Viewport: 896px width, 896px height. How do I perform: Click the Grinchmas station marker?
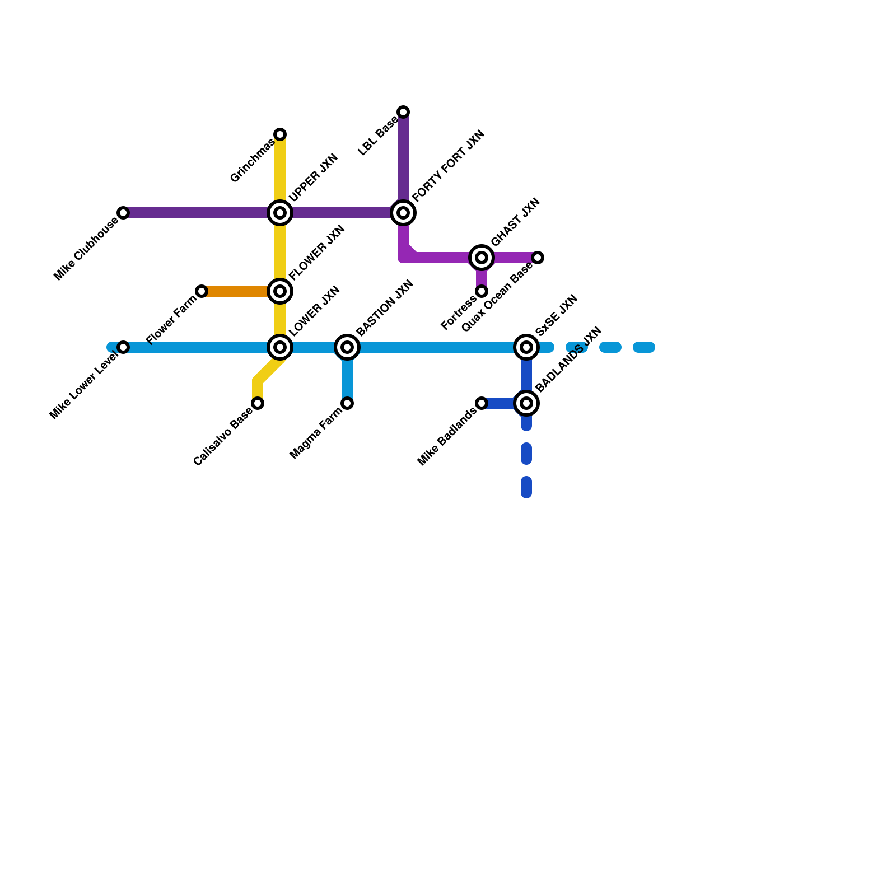click(280, 134)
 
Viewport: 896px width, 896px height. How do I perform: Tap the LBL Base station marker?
click(403, 112)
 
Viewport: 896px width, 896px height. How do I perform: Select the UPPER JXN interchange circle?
click(280, 213)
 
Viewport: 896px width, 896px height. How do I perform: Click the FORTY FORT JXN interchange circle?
click(403, 213)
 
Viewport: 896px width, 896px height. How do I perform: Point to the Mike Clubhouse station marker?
click(123, 213)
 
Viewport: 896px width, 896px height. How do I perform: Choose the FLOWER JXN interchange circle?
click(280, 291)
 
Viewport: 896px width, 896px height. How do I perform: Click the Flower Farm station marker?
click(202, 291)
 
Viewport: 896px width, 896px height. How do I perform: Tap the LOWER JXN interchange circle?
click(280, 347)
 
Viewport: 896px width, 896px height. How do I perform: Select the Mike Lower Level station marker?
click(123, 347)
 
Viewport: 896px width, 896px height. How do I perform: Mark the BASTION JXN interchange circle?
click(347, 347)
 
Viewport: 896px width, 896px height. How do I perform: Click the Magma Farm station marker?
click(347, 403)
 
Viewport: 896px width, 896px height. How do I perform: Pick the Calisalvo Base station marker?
click(258, 403)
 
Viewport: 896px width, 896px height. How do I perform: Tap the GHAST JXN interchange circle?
click(482, 258)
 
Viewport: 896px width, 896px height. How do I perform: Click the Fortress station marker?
click(482, 291)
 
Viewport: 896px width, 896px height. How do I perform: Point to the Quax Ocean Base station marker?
click(538, 258)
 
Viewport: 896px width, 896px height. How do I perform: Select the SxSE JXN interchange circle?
click(526, 347)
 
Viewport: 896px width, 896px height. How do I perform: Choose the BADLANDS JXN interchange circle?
click(526, 403)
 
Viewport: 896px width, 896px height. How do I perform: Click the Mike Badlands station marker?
click(482, 403)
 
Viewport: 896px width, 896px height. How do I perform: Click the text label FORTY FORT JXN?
click(449, 166)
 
